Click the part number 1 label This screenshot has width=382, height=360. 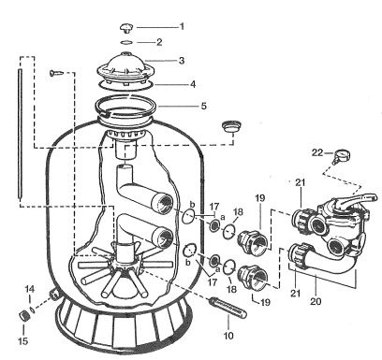tap(182, 27)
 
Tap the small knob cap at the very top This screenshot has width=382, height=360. tap(126, 28)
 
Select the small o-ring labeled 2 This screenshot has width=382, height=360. tap(126, 42)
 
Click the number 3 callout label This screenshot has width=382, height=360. tap(182, 61)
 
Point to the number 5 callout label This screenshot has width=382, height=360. tap(203, 106)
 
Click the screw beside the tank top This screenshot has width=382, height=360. tap(56, 73)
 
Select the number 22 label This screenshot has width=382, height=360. tap(317, 153)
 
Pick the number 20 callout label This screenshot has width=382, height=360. tap(316, 301)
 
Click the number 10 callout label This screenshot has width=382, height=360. tap(228, 336)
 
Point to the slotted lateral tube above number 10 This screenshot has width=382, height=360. tap(228, 308)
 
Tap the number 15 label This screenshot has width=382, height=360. tap(23, 341)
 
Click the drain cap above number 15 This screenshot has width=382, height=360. tap(23, 315)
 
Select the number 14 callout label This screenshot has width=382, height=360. tap(30, 289)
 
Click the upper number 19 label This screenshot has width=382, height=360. tap(259, 197)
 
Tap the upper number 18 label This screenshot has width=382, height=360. tap(238, 212)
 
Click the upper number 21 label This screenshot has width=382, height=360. tap(300, 182)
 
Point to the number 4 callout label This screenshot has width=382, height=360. tap(193, 84)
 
